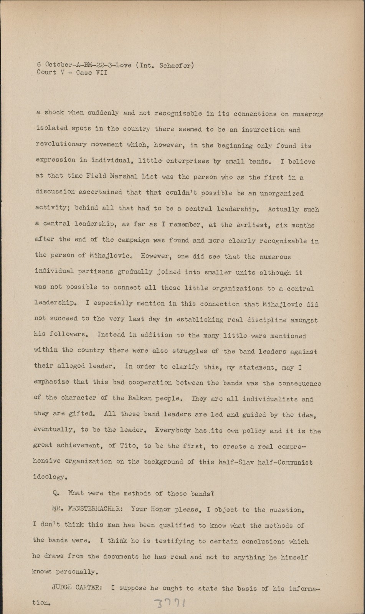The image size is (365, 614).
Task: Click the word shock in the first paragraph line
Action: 54,113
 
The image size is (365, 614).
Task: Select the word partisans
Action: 95,271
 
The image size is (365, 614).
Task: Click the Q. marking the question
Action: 56,493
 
